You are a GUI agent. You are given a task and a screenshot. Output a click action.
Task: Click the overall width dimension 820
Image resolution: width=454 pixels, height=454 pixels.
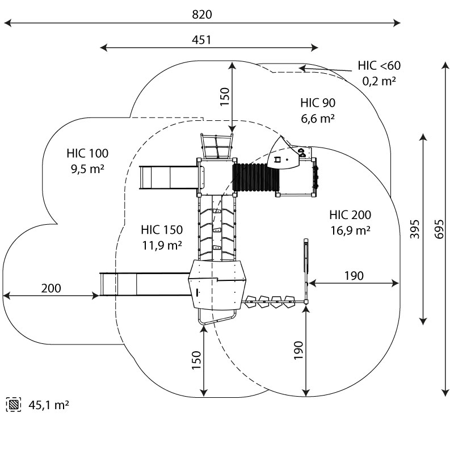pos(202,15)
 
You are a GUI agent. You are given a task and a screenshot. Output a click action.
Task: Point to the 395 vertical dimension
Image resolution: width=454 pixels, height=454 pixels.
pos(415,229)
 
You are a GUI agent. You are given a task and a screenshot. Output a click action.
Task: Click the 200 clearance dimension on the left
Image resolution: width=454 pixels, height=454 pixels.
pos(51,288)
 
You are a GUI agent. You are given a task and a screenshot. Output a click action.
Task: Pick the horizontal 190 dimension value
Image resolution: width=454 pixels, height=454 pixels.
pos(354,276)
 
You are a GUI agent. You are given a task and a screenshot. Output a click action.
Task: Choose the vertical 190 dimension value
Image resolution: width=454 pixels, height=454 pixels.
pos(299,351)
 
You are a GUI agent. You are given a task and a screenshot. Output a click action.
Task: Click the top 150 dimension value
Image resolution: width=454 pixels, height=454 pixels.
pos(225,97)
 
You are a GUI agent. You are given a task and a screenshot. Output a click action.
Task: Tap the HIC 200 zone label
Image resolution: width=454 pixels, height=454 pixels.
pos(350,215)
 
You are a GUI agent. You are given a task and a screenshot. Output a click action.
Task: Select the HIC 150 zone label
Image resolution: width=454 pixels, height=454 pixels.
pos(162,230)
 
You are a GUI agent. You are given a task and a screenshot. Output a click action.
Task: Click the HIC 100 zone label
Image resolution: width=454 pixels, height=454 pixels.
pos(87,153)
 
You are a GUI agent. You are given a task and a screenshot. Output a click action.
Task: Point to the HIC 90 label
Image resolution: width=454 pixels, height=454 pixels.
pos(318,103)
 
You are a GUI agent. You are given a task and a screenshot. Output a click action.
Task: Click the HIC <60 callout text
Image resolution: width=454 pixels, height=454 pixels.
pos(379,65)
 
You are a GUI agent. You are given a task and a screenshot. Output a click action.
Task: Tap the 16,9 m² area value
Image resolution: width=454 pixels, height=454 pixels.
pos(350,230)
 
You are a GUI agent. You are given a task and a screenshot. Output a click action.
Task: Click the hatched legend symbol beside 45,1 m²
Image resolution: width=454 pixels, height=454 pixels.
pos(13,405)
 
